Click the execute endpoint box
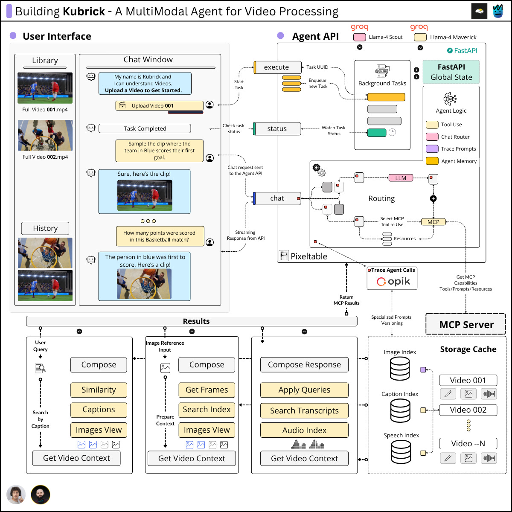[277, 67]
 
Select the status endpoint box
[277, 129]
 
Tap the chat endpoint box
[277, 198]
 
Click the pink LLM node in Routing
[401, 178]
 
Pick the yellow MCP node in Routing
[433, 222]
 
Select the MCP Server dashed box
[465, 324]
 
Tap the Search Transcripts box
[304, 411]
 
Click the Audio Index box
[304, 430]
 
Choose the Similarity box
[99, 390]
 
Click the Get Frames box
[207, 390]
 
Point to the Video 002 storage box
[468, 410]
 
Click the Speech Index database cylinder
[401, 452]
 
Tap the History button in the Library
[45, 228]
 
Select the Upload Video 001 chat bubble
[160, 105]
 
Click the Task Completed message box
[145, 128]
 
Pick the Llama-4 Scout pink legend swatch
[360, 37]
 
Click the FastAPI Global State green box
[451, 72]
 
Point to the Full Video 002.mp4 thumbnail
[45, 135]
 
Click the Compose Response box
[304, 364]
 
